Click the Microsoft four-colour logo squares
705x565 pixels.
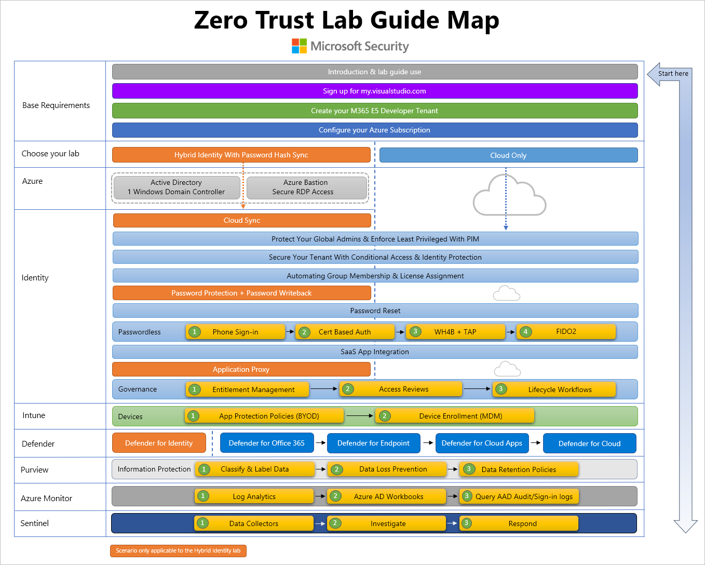pos(299,46)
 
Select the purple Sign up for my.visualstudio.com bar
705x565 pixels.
pos(374,91)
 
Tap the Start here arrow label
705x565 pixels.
pos(673,74)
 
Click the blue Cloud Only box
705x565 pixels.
pos(508,155)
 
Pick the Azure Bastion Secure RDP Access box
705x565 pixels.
pos(306,187)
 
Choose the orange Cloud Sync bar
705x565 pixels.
pos(242,220)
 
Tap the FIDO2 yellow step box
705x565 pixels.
pos(566,332)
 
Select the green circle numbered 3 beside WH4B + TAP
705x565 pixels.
pos(415,331)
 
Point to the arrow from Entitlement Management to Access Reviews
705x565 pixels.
pos(324,389)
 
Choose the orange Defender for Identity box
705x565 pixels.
pos(159,443)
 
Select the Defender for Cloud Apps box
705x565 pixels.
pos(482,443)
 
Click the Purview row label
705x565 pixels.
pos(34,470)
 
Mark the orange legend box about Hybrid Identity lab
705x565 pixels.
pos(178,550)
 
